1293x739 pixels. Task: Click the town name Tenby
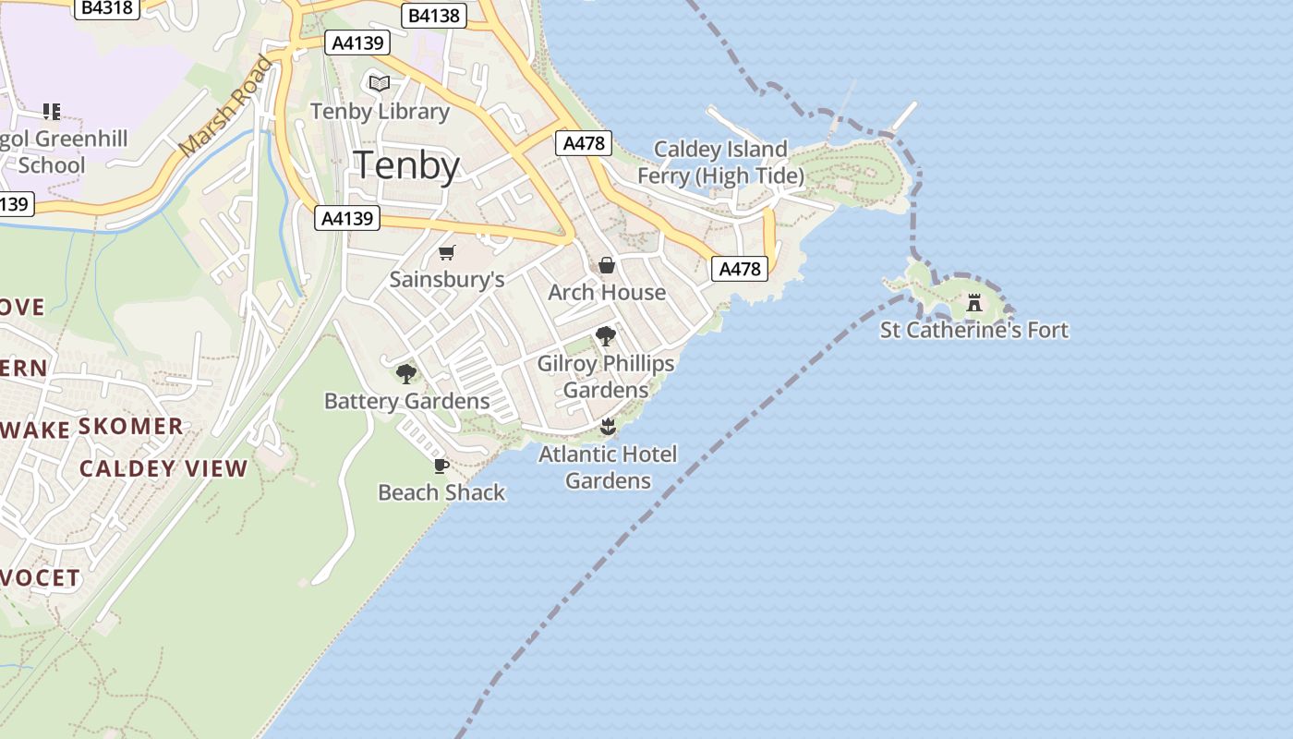407,166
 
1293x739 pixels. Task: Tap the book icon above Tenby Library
380,84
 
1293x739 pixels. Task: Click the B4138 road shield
434,15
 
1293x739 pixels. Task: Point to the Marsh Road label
226,106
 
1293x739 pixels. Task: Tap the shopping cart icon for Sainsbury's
447,252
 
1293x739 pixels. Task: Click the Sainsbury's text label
447,279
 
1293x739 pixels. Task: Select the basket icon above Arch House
607,266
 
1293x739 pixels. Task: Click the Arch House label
607,292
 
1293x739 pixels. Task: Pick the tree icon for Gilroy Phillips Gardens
606,336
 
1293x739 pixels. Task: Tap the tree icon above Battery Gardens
405,374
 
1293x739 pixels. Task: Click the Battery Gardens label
406,401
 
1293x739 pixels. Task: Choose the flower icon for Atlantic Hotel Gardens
607,427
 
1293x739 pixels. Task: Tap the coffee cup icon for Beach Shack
441,466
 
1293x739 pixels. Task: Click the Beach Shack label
441,492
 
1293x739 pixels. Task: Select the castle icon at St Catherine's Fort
973,303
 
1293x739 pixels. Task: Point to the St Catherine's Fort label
973,330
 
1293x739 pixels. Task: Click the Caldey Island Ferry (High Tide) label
720,162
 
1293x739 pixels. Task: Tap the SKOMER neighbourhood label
130,427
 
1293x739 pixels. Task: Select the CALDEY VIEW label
163,468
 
